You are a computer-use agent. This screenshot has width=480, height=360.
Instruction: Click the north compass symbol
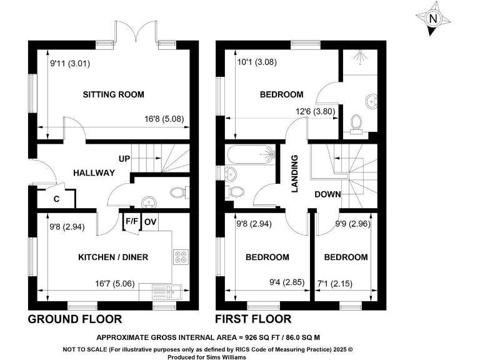click(432, 19)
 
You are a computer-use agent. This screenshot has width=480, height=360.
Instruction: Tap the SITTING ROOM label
click(114, 94)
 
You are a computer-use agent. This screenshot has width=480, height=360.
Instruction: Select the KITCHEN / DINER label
click(113, 257)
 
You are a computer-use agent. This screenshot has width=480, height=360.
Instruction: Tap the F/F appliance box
click(132, 222)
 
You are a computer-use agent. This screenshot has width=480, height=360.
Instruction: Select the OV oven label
click(150, 222)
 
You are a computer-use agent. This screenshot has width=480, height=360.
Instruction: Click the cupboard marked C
click(56, 199)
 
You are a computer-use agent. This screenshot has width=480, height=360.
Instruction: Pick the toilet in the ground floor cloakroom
click(179, 191)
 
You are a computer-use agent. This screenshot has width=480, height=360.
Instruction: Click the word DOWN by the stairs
click(327, 194)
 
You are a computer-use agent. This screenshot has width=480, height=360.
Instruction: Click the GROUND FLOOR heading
click(75, 319)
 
